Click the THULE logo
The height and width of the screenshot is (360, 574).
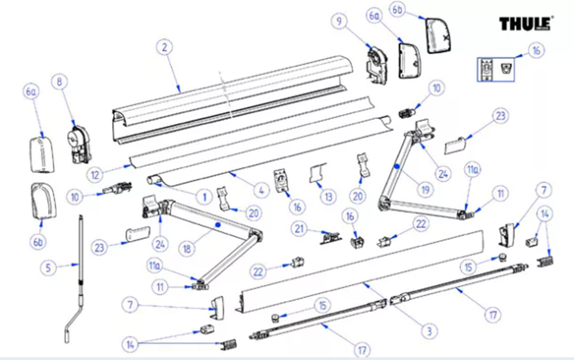525,24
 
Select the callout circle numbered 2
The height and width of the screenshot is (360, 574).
164,48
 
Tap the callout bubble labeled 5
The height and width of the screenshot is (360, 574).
48,268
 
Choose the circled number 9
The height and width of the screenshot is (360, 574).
339,22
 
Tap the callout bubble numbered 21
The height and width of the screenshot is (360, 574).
299,229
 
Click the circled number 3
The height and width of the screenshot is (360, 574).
429,331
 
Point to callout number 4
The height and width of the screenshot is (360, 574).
261,191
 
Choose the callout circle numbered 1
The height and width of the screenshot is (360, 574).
205,197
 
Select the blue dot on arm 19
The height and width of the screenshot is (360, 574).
397,165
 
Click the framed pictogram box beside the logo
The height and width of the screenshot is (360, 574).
496,69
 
